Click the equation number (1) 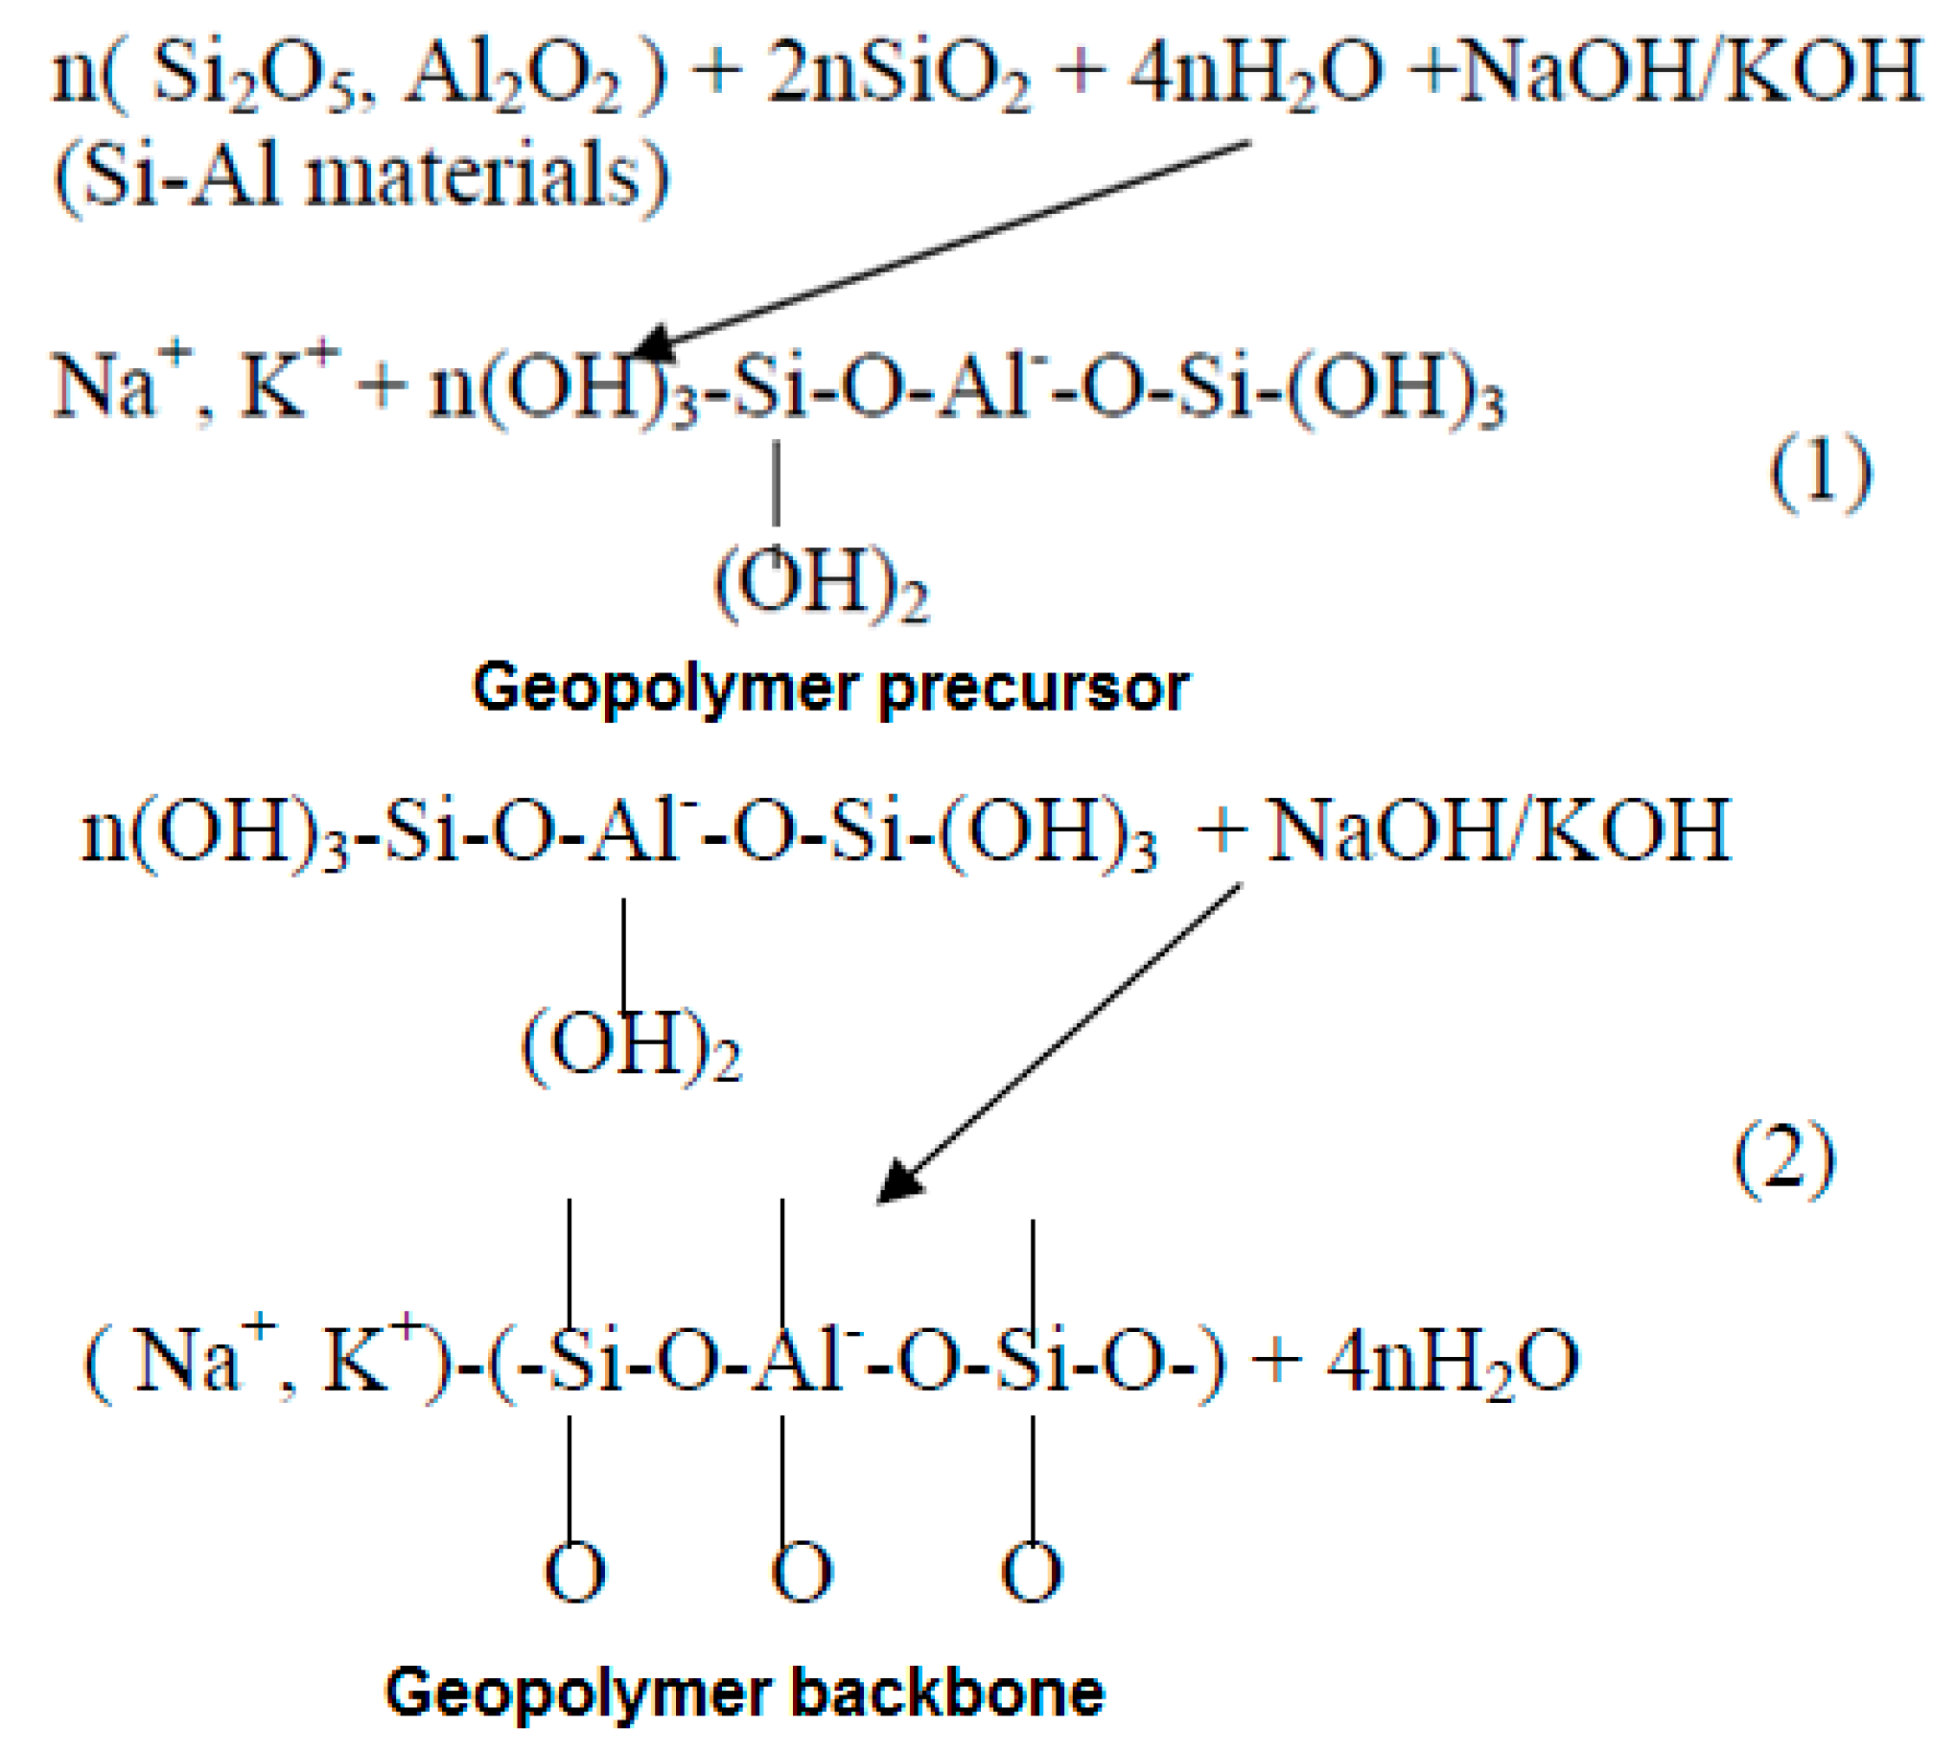pos(1820,472)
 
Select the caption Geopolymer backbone pos(744,1693)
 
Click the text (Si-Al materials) pos(361,176)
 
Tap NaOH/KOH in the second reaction pos(1498,830)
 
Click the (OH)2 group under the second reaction pos(632,1047)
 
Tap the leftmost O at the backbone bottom pos(575,1572)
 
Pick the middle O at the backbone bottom pos(802,1572)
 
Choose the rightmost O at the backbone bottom pos(1032,1572)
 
